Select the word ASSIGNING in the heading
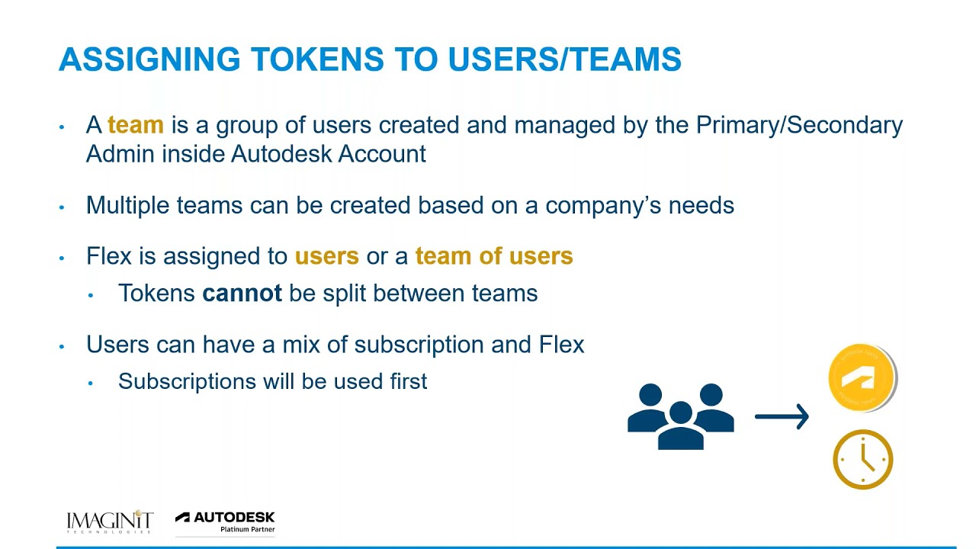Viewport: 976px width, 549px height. point(149,59)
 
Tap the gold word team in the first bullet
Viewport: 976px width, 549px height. point(136,125)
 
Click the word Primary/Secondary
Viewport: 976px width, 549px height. point(799,125)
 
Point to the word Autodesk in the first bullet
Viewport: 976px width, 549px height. point(281,154)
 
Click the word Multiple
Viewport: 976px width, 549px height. point(127,206)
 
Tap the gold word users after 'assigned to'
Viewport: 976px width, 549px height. point(326,256)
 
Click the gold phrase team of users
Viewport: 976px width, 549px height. point(493,256)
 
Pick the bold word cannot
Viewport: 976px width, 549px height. point(242,294)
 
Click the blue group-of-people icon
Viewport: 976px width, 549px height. point(680,416)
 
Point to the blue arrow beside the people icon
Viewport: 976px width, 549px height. point(782,416)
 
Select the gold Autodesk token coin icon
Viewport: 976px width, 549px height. point(862,377)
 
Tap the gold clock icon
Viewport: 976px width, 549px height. point(862,460)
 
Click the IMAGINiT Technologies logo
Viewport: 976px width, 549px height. point(110,522)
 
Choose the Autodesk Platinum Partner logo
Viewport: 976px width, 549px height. point(225,522)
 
